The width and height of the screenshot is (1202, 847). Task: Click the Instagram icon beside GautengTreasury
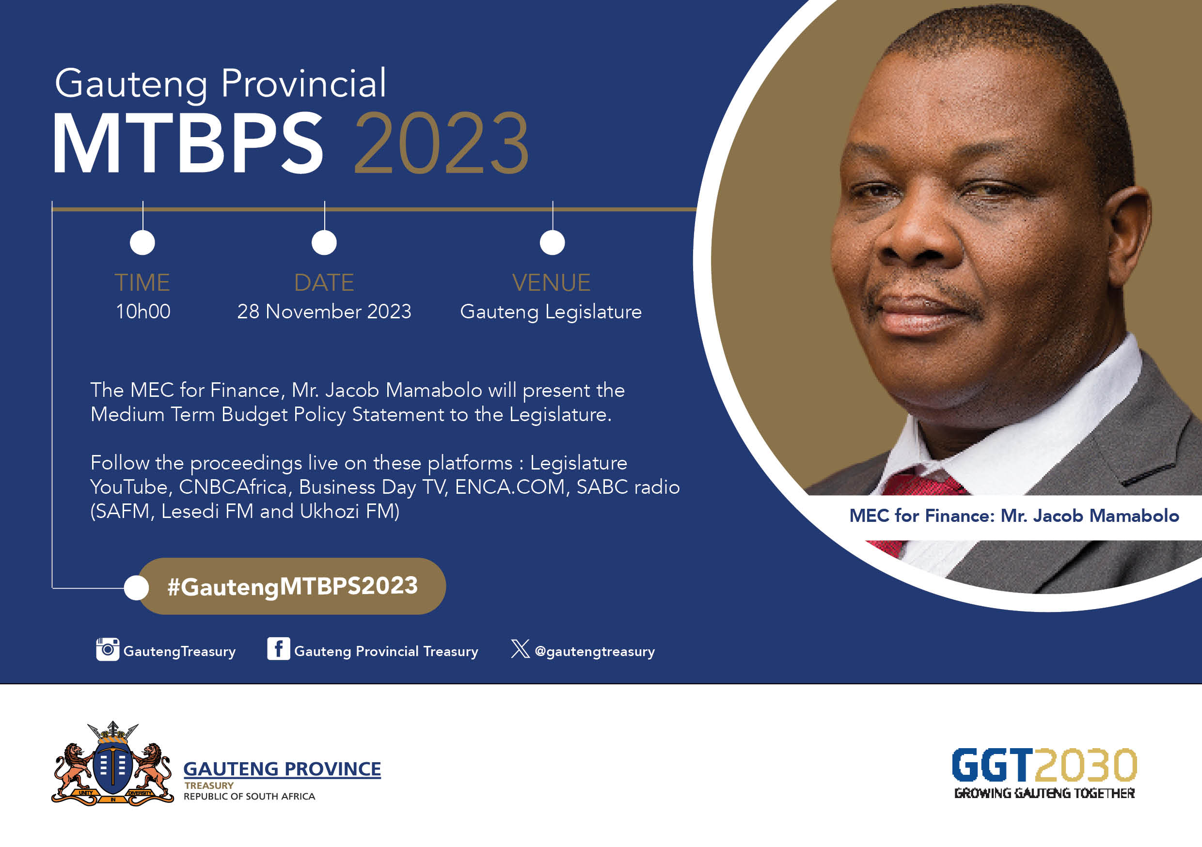[x=107, y=649]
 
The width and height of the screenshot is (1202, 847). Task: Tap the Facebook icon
[x=279, y=649]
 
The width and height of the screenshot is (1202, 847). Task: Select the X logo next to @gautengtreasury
[x=520, y=649]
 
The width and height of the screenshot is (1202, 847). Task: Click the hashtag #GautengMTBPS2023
[x=292, y=586]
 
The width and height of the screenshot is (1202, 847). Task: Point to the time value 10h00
[x=143, y=312]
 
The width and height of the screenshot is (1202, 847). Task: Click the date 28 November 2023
[x=324, y=312]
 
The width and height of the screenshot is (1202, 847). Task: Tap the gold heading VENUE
[x=551, y=282]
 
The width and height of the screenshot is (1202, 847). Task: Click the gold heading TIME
[x=142, y=282]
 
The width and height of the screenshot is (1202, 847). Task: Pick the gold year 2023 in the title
[x=442, y=142]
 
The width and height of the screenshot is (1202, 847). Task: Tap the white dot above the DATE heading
[x=324, y=242]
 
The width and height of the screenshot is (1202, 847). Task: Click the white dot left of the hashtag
[x=137, y=587]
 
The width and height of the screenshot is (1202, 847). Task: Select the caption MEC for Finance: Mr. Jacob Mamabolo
[x=1014, y=516]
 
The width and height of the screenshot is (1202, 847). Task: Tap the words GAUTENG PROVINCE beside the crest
[x=282, y=769]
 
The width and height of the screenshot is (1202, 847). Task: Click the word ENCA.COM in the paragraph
[x=510, y=487]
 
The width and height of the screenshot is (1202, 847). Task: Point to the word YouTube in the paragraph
[x=129, y=487]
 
